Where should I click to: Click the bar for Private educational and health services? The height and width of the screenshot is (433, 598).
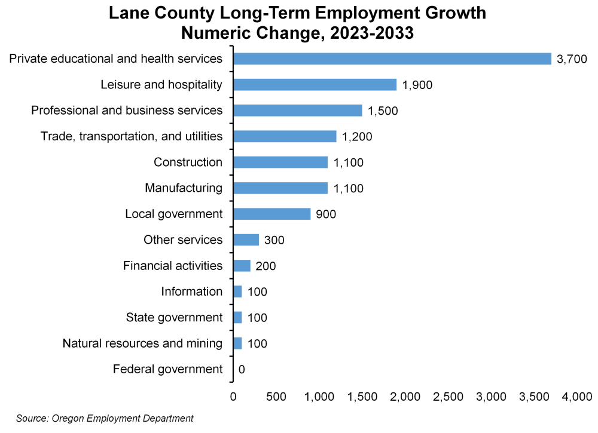[x=392, y=59]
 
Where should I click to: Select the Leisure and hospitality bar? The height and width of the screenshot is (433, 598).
[x=315, y=84]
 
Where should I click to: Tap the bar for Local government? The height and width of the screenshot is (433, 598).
[x=271, y=214]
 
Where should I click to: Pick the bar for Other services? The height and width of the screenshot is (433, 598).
[x=246, y=239]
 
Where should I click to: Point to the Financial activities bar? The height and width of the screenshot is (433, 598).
[x=242, y=266]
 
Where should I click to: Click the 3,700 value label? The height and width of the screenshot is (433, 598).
[x=572, y=59]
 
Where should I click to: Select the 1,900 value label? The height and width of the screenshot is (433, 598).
[x=417, y=85]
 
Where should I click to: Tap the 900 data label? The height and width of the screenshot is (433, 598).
[x=326, y=214]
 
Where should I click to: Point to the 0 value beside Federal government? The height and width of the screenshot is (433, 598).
[x=242, y=369]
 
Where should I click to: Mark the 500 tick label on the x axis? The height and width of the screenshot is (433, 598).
[x=276, y=396]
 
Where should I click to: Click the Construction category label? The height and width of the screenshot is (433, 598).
[x=188, y=162]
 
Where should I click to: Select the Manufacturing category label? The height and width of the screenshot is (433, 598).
[x=184, y=188]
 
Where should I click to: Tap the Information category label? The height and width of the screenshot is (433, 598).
[x=191, y=291]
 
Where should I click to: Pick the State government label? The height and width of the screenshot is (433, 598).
[x=174, y=317]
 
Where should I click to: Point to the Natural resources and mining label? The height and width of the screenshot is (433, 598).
[x=142, y=343]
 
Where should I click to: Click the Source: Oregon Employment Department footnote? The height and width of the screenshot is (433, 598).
[x=105, y=419]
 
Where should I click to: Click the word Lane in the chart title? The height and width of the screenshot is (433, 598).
[x=129, y=13]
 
